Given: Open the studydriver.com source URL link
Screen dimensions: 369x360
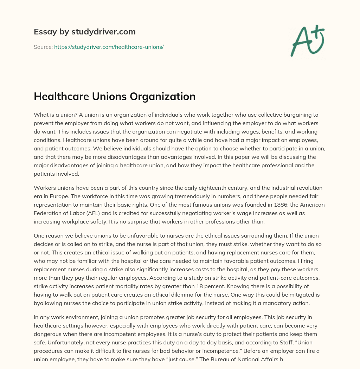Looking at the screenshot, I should [x=109, y=47].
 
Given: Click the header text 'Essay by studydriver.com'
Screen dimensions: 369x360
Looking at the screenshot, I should [x=84, y=32].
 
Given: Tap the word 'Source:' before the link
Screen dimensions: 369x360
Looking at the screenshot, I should [x=43, y=47].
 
